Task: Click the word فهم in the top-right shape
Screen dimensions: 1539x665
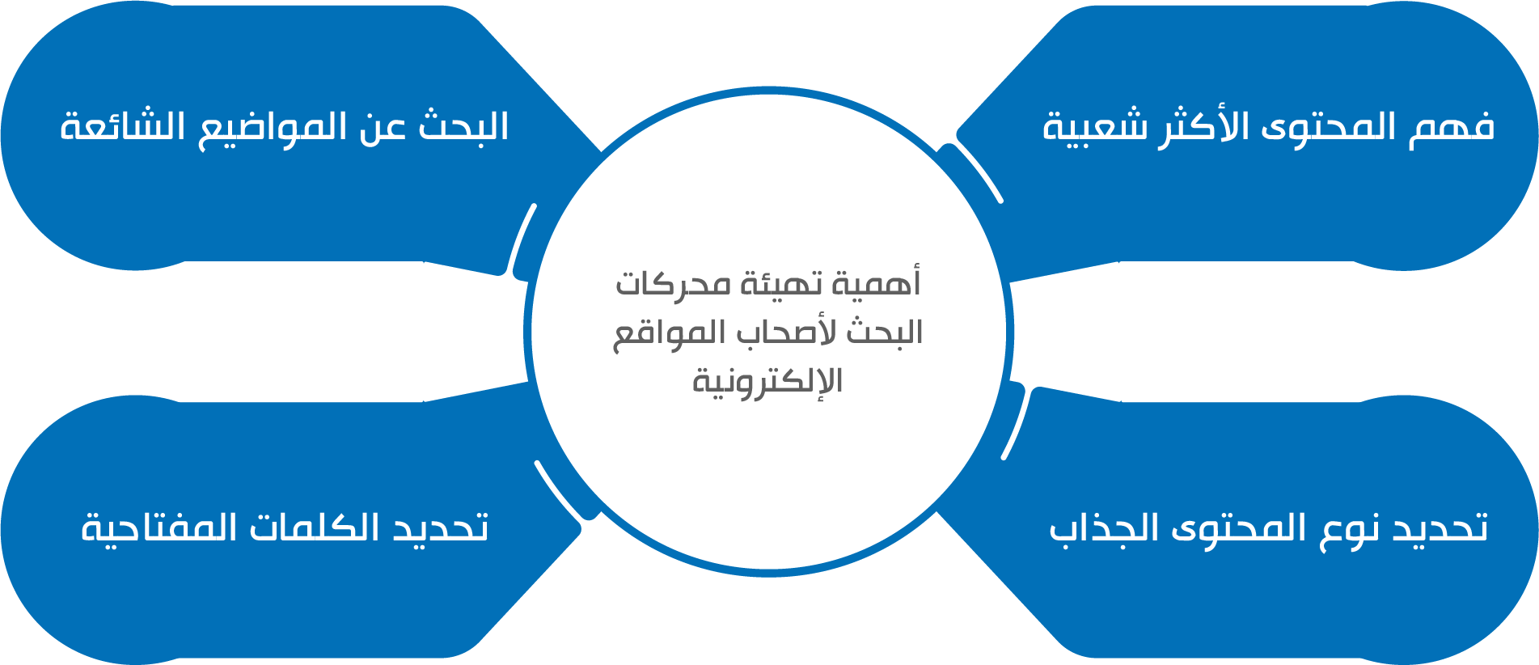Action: pos(1452,127)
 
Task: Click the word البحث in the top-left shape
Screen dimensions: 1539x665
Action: pos(463,127)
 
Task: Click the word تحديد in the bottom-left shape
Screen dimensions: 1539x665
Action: pos(442,527)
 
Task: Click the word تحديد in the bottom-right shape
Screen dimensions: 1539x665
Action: pos(1440,527)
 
